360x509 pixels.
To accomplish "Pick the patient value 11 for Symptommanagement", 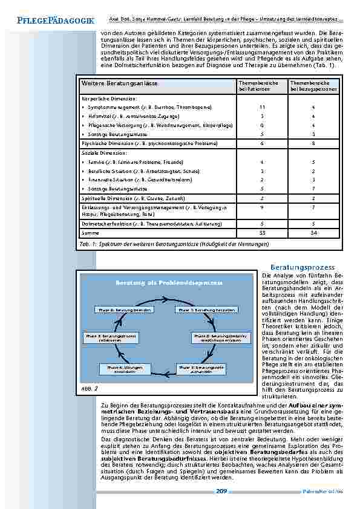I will (263, 107).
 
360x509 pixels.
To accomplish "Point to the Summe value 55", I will (263, 232).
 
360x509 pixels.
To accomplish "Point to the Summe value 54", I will (313, 232).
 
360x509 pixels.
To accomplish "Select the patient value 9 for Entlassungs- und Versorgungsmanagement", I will (263, 207).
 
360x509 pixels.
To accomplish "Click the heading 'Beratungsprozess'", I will (303, 267).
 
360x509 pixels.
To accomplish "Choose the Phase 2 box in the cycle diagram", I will (220, 338).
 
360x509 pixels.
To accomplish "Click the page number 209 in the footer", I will (221, 492).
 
